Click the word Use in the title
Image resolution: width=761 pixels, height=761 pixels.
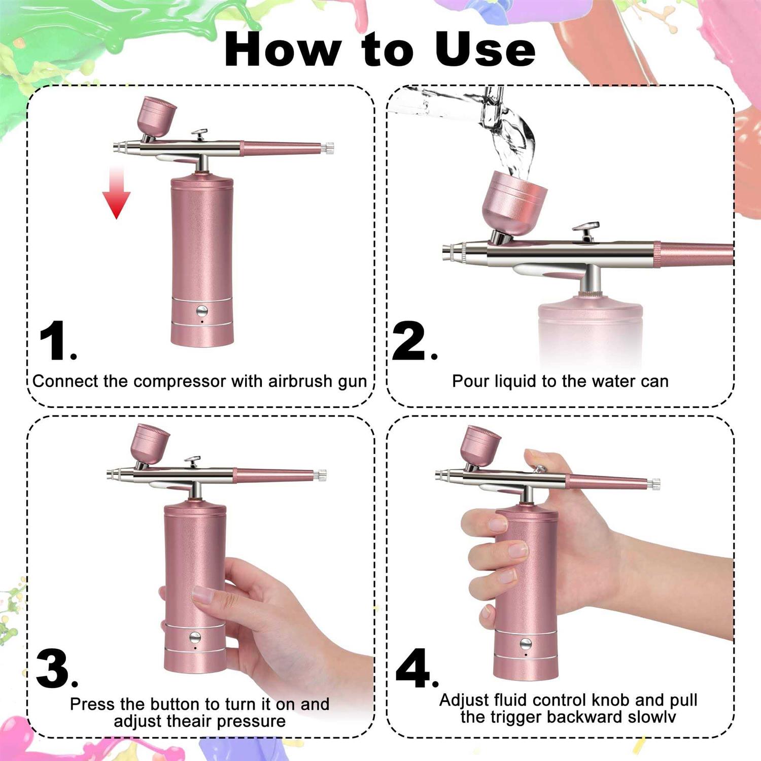tap(485, 49)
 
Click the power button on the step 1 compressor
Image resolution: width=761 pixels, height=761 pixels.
tap(202, 310)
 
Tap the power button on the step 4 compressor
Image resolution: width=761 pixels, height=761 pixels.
tap(526, 644)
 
